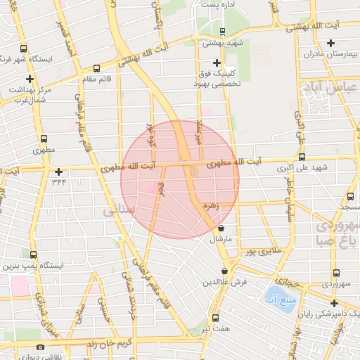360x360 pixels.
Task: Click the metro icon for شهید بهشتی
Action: click(222, 32)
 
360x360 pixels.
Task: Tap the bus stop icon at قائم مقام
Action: click(96, 69)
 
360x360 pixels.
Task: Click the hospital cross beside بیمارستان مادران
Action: click(330, 44)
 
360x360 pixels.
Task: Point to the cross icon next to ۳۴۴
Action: click(58, 172)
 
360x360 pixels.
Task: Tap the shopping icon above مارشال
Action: click(222, 228)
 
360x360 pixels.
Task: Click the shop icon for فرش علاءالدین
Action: click(225, 271)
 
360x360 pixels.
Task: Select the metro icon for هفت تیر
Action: click(215, 318)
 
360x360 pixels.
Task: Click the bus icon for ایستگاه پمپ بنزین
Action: click(34, 255)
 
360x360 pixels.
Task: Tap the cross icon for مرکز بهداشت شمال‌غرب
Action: click(30, 79)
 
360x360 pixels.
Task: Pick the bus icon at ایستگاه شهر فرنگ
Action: click(25, 49)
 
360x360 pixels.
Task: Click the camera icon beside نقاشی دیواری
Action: click(40, 347)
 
